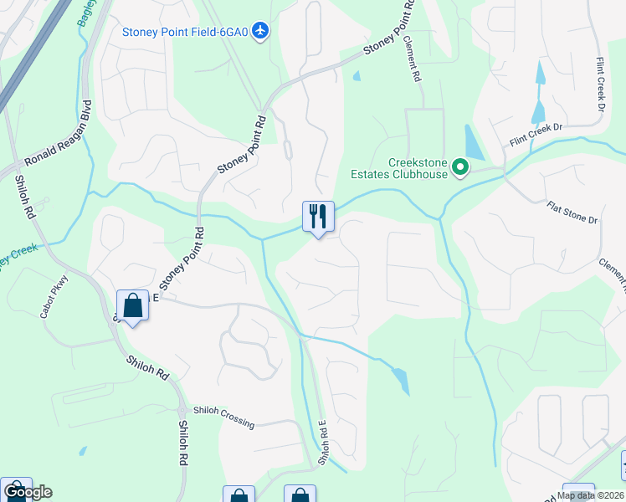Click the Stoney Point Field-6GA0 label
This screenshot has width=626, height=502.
pos(185,33)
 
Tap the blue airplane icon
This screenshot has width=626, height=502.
pos(261,32)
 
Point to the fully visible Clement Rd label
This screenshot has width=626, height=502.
pos(412,59)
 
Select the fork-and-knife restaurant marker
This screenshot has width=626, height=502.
pos(318,217)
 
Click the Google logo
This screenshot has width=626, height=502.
pos(27,492)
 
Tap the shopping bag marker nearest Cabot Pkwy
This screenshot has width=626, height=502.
pos(132,305)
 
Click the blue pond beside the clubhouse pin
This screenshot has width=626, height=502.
pos(473,143)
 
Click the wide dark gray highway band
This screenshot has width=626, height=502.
pos(33,59)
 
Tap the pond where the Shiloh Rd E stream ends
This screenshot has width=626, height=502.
pos(401,381)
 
